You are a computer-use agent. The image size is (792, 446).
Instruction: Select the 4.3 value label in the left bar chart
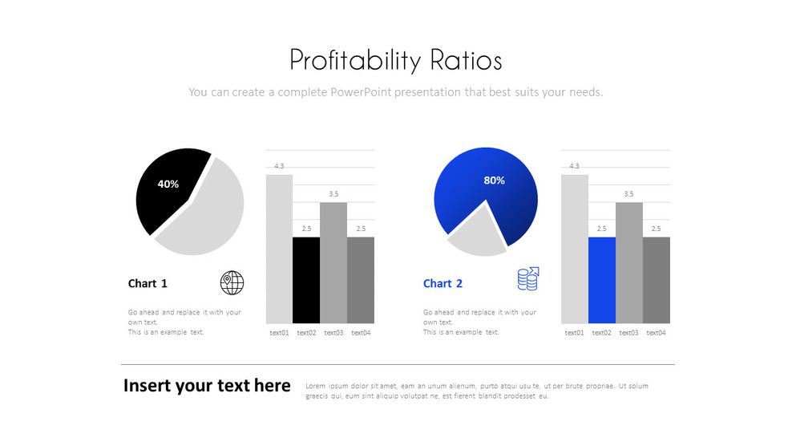tap(279, 166)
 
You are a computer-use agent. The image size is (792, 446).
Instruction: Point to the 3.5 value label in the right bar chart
tap(628, 194)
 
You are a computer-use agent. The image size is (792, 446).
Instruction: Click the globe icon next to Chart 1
tap(232, 282)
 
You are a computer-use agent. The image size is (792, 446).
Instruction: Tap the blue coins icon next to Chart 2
tap(527, 279)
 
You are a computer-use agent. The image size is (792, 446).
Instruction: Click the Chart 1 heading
tap(147, 283)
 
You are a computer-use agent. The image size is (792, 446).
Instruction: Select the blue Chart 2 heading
tap(442, 283)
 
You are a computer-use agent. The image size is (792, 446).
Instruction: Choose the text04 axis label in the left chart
tap(361, 332)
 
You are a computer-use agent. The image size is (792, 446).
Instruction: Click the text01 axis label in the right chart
tap(574, 332)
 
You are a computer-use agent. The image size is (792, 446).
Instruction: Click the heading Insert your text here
tap(207, 386)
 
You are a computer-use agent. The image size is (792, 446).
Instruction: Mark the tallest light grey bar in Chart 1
tap(279, 249)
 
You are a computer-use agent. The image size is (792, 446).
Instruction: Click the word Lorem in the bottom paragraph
tap(315, 386)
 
